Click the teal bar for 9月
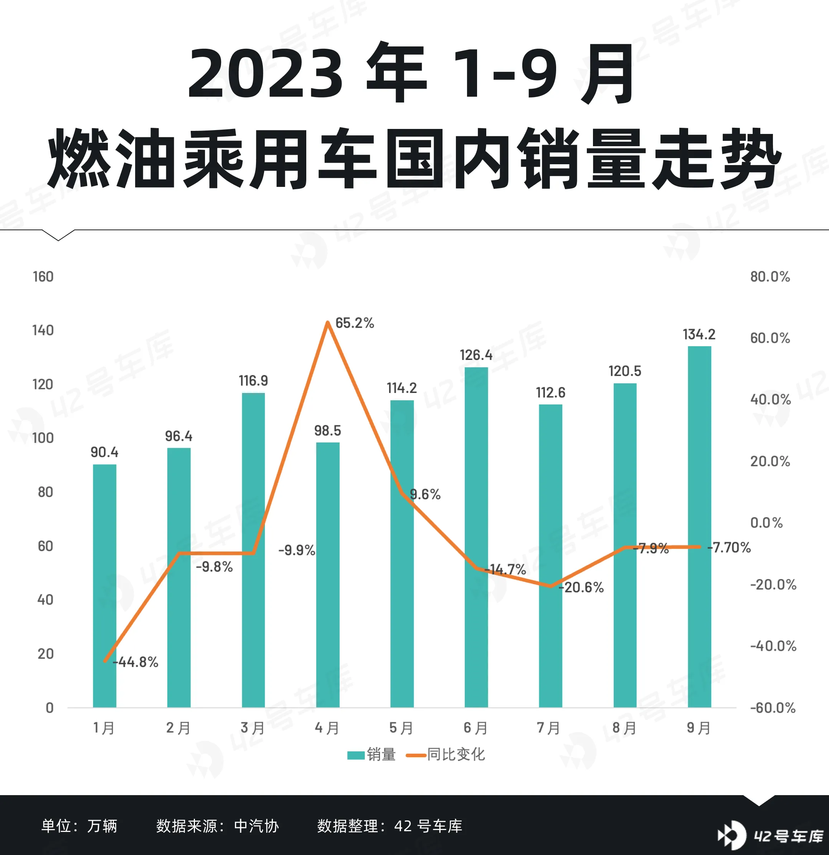(x=699, y=523)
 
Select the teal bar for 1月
(x=104, y=584)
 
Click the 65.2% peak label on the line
(x=354, y=323)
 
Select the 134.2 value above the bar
(x=699, y=335)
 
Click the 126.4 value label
(x=476, y=355)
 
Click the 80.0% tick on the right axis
(x=770, y=277)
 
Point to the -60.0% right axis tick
(x=772, y=708)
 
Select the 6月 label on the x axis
(x=475, y=728)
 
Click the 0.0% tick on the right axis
(x=766, y=523)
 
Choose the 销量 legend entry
(x=372, y=754)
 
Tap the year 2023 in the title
(x=265, y=73)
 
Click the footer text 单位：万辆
(x=79, y=826)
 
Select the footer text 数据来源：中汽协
(x=217, y=826)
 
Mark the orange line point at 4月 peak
(x=328, y=323)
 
